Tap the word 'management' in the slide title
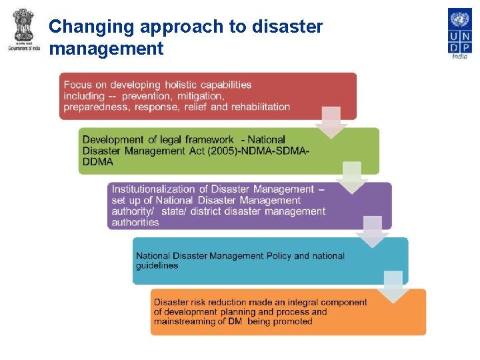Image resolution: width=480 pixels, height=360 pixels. click(106, 49)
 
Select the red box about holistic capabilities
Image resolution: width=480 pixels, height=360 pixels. click(207, 96)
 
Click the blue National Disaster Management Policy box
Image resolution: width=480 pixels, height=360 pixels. click(269, 261)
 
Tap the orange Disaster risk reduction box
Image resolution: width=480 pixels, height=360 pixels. click(287, 312)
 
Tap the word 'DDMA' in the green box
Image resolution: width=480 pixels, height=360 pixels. click(98, 161)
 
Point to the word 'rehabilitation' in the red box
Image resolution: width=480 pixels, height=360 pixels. click(261, 107)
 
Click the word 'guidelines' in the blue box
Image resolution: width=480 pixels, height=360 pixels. click(157, 266)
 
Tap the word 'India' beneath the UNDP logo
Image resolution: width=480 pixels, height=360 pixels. click(459, 56)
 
